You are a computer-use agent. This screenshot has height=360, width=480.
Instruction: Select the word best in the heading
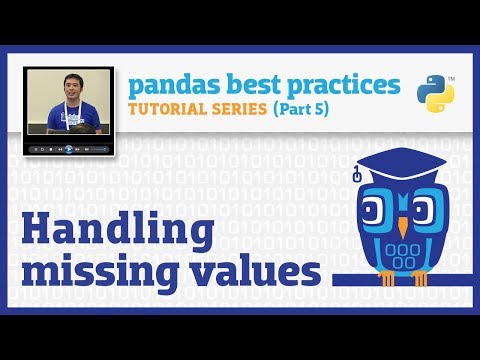point(241,83)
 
